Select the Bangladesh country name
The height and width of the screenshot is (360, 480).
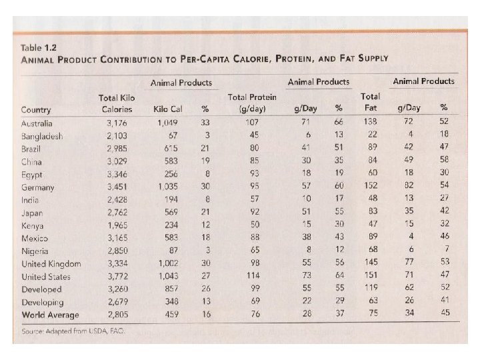coord(43,136)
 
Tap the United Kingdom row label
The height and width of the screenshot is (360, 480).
coord(51,263)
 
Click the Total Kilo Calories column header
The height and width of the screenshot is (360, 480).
coord(117,103)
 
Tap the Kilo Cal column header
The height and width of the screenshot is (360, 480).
coord(167,109)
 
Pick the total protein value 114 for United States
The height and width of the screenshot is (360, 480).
coord(251,276)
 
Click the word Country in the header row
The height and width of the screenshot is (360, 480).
coord(37,109)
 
